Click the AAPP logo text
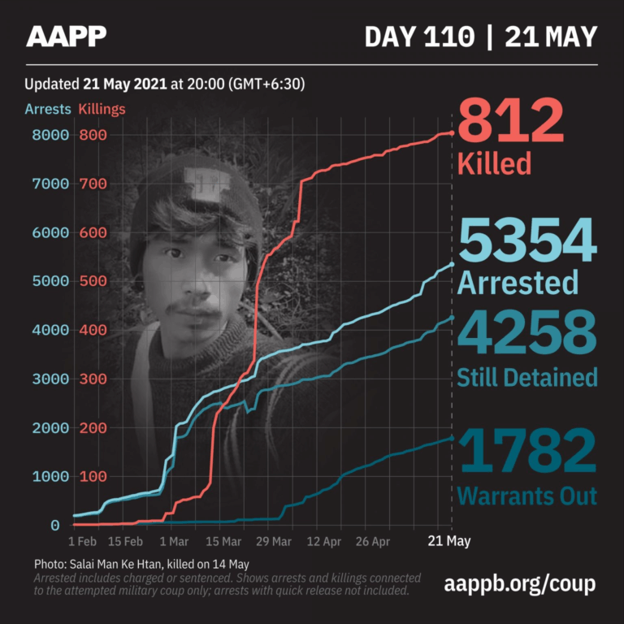(x=66, y=37)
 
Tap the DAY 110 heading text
(x=419, y=37)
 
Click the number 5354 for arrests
(x=527, y=244)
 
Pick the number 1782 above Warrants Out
(x=527, y=452)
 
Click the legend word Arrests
(x=48, y=109)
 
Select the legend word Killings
(x=102, y=109)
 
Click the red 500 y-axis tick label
(x=93, y=281)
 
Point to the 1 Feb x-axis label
(x=83, y=541)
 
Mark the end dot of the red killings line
(x=452, y=133)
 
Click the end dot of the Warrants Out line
(x=452, y=439)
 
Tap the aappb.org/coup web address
(x=521, y=583)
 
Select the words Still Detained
(x=527, y=377)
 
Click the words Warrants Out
(x=527, y=496)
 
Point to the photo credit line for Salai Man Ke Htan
(x=141, y=564)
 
